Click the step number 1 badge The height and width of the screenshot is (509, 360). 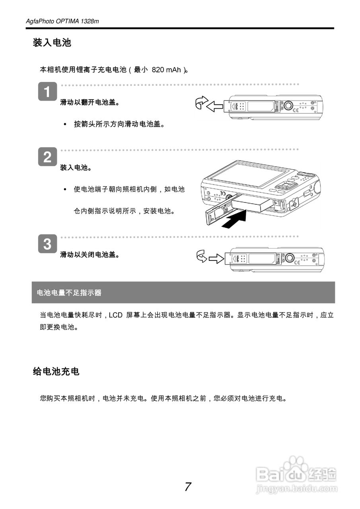[47, 92]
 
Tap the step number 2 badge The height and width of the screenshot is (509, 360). [47, 157]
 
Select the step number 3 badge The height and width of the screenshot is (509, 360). [47, 244]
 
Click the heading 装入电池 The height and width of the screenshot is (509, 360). [52, 43]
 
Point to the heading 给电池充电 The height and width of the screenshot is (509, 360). [56, 372]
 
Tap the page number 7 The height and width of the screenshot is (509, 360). [188, 487]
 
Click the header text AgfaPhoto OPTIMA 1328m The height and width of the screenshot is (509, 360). [62, 21]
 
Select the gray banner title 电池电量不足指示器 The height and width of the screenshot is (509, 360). [69, 293]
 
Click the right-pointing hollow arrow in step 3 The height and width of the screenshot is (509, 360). [216, 258]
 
